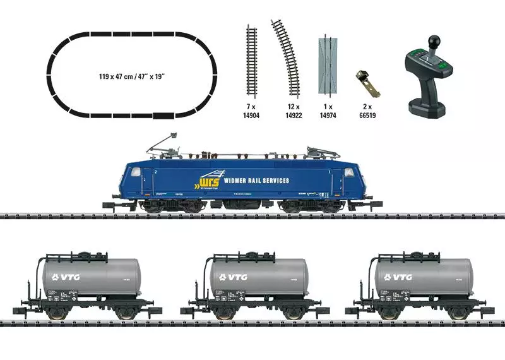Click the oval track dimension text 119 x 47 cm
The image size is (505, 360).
(x=131, y=76)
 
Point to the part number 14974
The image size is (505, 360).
(x=328, y=116)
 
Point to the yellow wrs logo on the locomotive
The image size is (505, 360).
(x=208, y=181)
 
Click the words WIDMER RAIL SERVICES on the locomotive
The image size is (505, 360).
(x=257, y=181)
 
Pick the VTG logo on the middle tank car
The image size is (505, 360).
(x=231, y=276)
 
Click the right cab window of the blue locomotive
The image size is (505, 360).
(x=349, y=172)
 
